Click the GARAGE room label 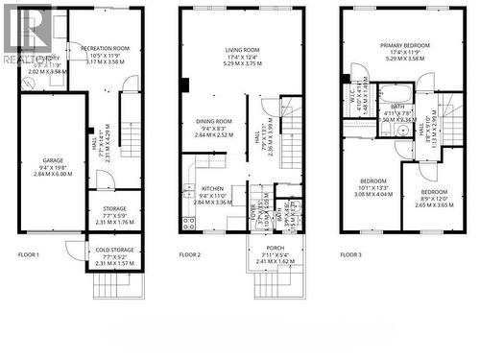(53, 161)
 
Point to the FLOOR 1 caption (29, 254)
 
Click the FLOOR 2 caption (190, 254)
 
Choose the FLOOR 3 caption (351, 254)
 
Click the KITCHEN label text (213, 189)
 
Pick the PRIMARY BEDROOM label (403, 45)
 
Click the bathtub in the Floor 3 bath (394, 98)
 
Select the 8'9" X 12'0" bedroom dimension (433, 198)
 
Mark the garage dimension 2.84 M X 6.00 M (53, 175)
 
